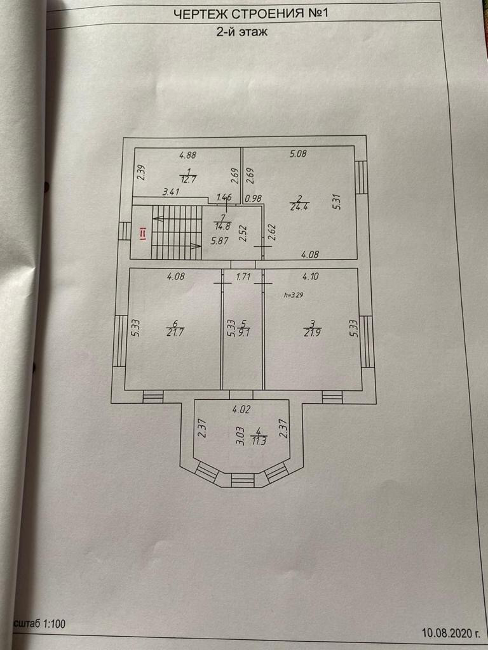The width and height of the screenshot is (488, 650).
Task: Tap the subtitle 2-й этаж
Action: point(241,33)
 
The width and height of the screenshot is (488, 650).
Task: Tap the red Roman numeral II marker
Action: point(143,234)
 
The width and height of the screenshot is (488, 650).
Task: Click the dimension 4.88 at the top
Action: point(187,154)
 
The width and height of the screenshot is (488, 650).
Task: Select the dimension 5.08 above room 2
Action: point(298,153)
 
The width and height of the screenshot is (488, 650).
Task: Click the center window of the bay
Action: point(242,481)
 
